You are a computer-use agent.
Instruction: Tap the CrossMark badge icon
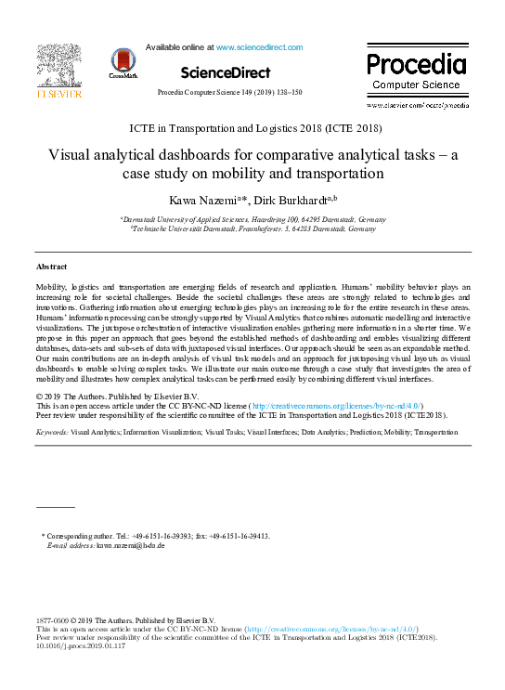coord(123,63)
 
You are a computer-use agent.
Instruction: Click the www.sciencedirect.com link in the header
coord(259,46)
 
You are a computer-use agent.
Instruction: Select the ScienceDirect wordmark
coord(225,72)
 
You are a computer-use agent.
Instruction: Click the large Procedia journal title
coord(416,65)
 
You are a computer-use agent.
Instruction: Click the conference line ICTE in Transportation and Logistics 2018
coord(252,128)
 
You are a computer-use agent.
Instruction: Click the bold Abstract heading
coord(51,267)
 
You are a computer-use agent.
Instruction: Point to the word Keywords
coord(51,433)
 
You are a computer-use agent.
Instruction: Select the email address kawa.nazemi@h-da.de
coord(127,546)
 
